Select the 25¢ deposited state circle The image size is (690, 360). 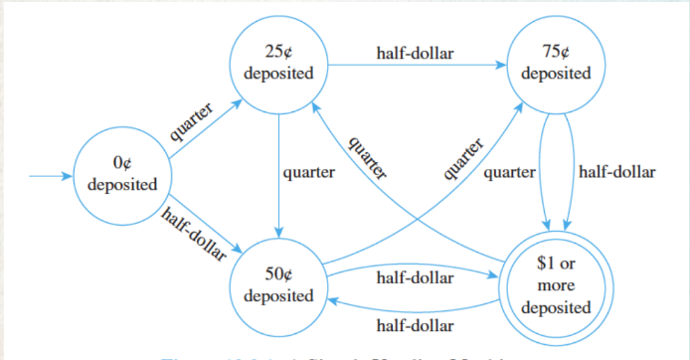coord(279,65)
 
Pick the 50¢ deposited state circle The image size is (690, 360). coord(279,285)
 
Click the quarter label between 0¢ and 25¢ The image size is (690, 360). coord(191,124)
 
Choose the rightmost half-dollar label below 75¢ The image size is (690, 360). coord(616,172)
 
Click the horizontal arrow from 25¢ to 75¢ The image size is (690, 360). coord(418,67)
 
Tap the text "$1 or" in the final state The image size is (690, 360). coord(554,266)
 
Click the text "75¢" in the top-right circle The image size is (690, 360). coord(555,54)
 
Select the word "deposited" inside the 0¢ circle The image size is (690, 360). coord(121,186)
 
